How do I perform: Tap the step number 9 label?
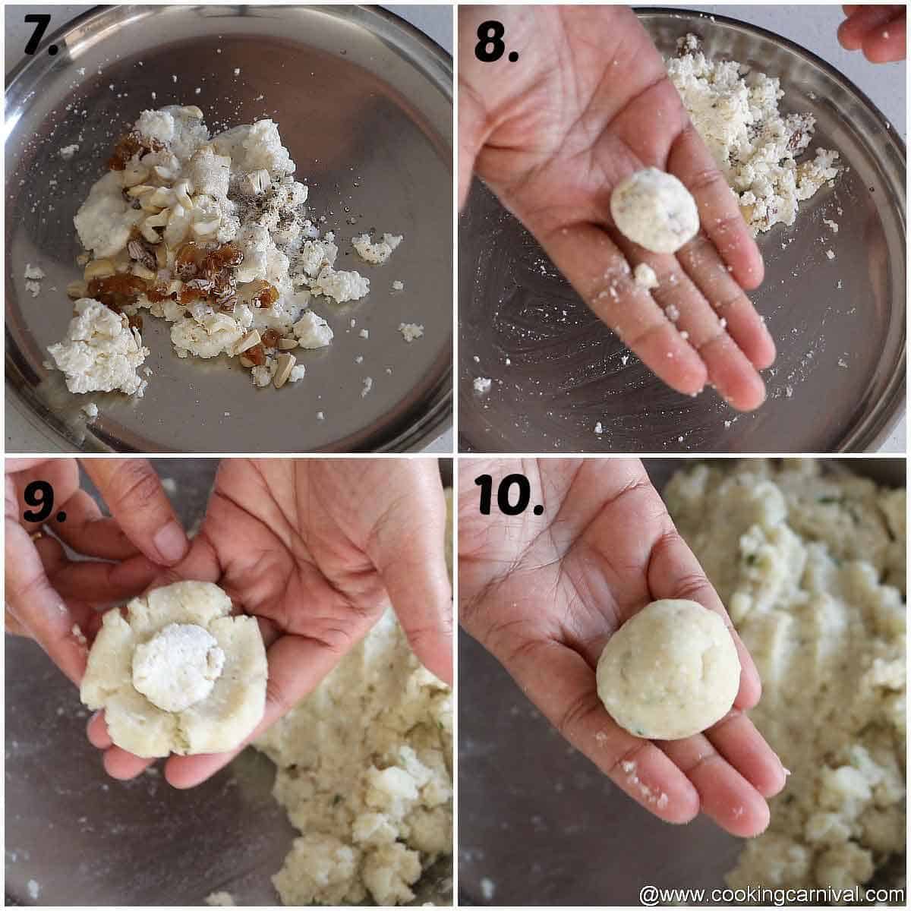click(x=44, y=502)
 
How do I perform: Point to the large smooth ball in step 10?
click(x=668, y=669)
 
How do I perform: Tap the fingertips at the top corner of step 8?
click(x=873, y=30)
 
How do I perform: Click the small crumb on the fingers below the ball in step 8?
click(x=645, y=275)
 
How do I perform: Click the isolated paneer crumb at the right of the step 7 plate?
click(x=411, y=331)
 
